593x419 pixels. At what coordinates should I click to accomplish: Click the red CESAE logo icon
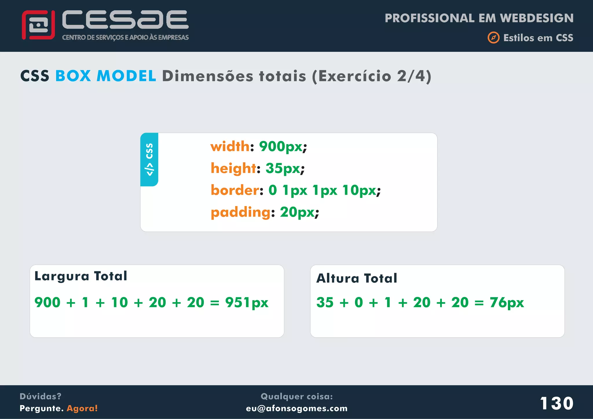pos(38,25)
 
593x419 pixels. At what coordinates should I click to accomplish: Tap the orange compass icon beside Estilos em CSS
pos(493,38)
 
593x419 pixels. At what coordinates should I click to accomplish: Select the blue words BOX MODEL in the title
pos(106,76)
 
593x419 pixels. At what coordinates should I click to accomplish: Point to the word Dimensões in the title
pos(207,76)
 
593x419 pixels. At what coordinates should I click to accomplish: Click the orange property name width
pos(230,146)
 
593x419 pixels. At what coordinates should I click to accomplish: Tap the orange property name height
pos(233,168)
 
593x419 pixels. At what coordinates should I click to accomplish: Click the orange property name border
pos(235,190)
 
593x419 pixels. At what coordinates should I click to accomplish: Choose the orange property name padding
pos(240,212)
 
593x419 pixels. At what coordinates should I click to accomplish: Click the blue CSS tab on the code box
pos(149,159)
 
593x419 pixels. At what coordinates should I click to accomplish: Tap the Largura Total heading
pos(81,276)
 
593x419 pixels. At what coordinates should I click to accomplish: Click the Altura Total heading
pos(357,278)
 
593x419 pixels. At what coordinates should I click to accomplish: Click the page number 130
pos(557,403)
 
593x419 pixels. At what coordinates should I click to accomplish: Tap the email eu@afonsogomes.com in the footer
pos(296,408)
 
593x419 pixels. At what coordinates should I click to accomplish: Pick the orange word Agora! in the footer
pos(82,408)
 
